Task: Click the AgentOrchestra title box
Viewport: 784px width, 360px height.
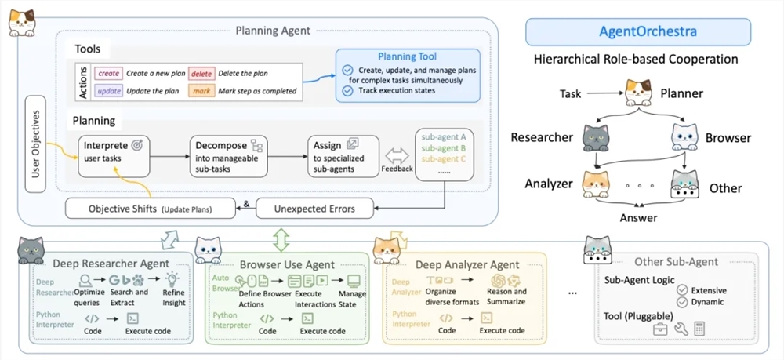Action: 638,34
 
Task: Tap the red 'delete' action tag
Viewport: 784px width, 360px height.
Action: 200,73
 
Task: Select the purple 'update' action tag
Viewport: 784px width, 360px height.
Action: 109,91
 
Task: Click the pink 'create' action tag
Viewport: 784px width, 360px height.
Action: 109,73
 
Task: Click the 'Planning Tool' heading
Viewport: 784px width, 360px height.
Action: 408,57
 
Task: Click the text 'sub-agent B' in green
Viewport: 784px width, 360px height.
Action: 443,147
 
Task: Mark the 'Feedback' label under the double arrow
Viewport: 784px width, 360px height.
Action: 397,168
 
